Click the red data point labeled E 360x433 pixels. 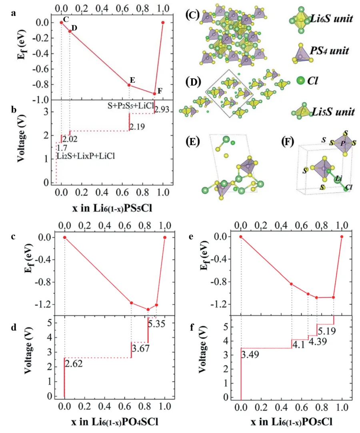129,85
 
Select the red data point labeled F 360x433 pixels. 154,94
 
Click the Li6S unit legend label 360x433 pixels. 332,18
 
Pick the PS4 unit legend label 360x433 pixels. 330,51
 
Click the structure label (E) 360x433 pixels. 194,142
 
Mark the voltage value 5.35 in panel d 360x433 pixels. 156,323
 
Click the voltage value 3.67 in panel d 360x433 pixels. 139,349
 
